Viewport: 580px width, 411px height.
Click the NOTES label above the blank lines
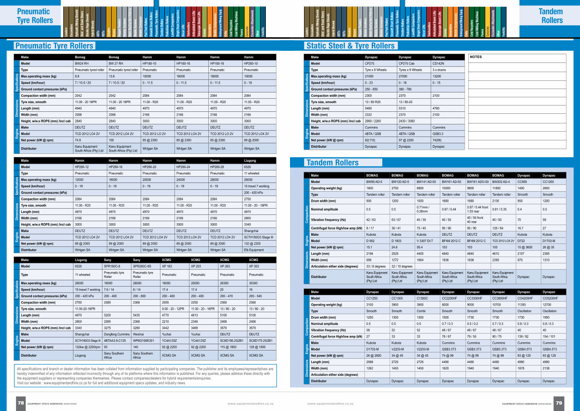(476, 57)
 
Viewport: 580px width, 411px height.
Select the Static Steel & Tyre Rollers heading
(350, 46)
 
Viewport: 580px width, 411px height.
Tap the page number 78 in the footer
(21, 402)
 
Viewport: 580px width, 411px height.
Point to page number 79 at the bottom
(559, 402)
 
